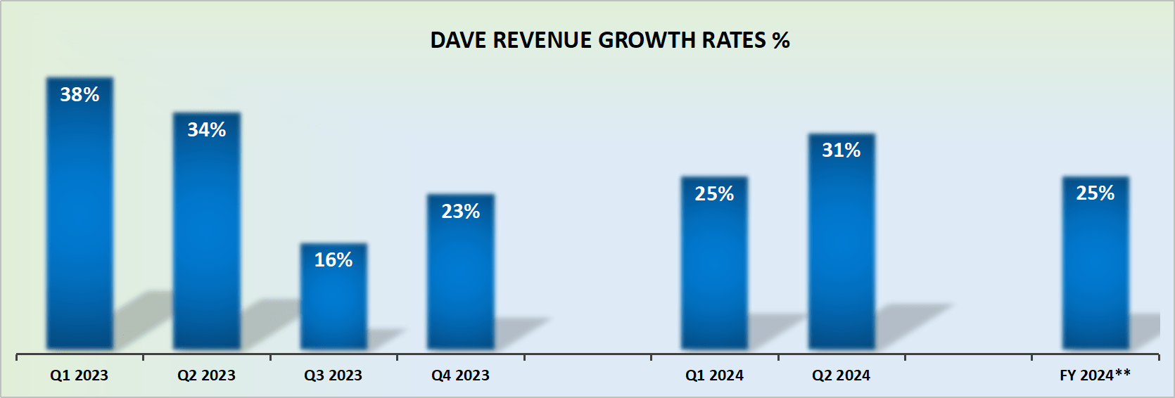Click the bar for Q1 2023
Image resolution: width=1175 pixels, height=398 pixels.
coord(80,225)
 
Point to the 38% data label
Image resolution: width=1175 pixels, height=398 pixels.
coord(80,94)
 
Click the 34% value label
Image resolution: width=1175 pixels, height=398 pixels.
coord(206,129)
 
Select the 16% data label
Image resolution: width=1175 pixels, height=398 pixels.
coord(334,259)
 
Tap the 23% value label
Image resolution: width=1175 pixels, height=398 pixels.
coord(461,211)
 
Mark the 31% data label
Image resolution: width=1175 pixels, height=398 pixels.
coord(841,150)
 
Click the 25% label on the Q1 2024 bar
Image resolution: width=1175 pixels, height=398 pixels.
coord(714,193)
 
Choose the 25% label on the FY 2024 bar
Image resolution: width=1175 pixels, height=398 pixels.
coord(1095,193)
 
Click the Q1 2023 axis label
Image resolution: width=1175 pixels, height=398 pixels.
coord(79,375)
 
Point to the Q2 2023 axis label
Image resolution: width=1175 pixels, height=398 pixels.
coord(206,375)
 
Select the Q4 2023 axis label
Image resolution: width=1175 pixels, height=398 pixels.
coord(460,375)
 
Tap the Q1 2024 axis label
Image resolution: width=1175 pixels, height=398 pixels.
coord(714,375)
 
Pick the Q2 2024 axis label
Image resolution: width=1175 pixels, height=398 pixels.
coord(841,375)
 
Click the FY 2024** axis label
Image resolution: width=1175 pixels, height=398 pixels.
coord(1095,375)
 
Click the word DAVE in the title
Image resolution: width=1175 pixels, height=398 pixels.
coord(459,40)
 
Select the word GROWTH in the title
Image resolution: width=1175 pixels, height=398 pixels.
coord(647,40)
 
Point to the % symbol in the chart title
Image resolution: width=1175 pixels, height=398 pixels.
coord(781,40)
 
